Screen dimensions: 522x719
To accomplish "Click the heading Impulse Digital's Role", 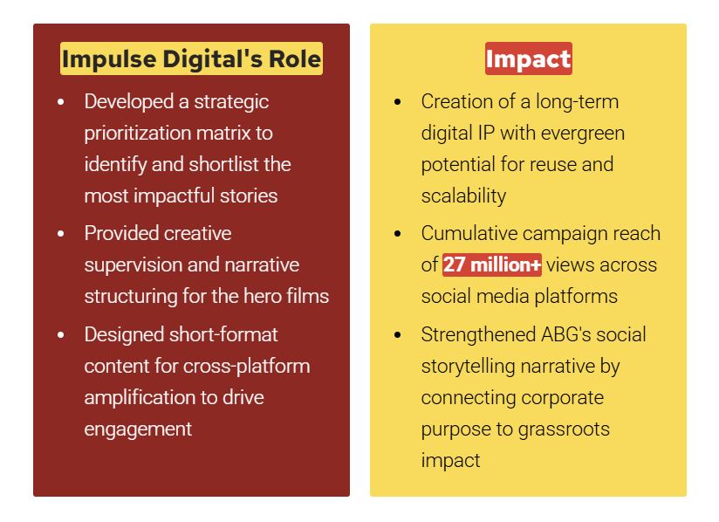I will click(191, 59).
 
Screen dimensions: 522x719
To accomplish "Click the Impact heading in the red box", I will click(528, 59).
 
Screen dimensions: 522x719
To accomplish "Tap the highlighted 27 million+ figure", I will click(492, 264).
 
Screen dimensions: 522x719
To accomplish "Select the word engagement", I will click(138, 429).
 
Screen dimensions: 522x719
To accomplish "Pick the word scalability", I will click(463, 196).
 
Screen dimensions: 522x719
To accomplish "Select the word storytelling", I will click(470, 366).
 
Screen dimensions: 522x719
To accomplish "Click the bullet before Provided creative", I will click(60, 234).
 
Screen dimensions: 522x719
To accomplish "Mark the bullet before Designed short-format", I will click(60, 335).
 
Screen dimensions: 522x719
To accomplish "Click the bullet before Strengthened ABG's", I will click(398, 335).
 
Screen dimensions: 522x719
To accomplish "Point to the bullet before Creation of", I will click(398, 102).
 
